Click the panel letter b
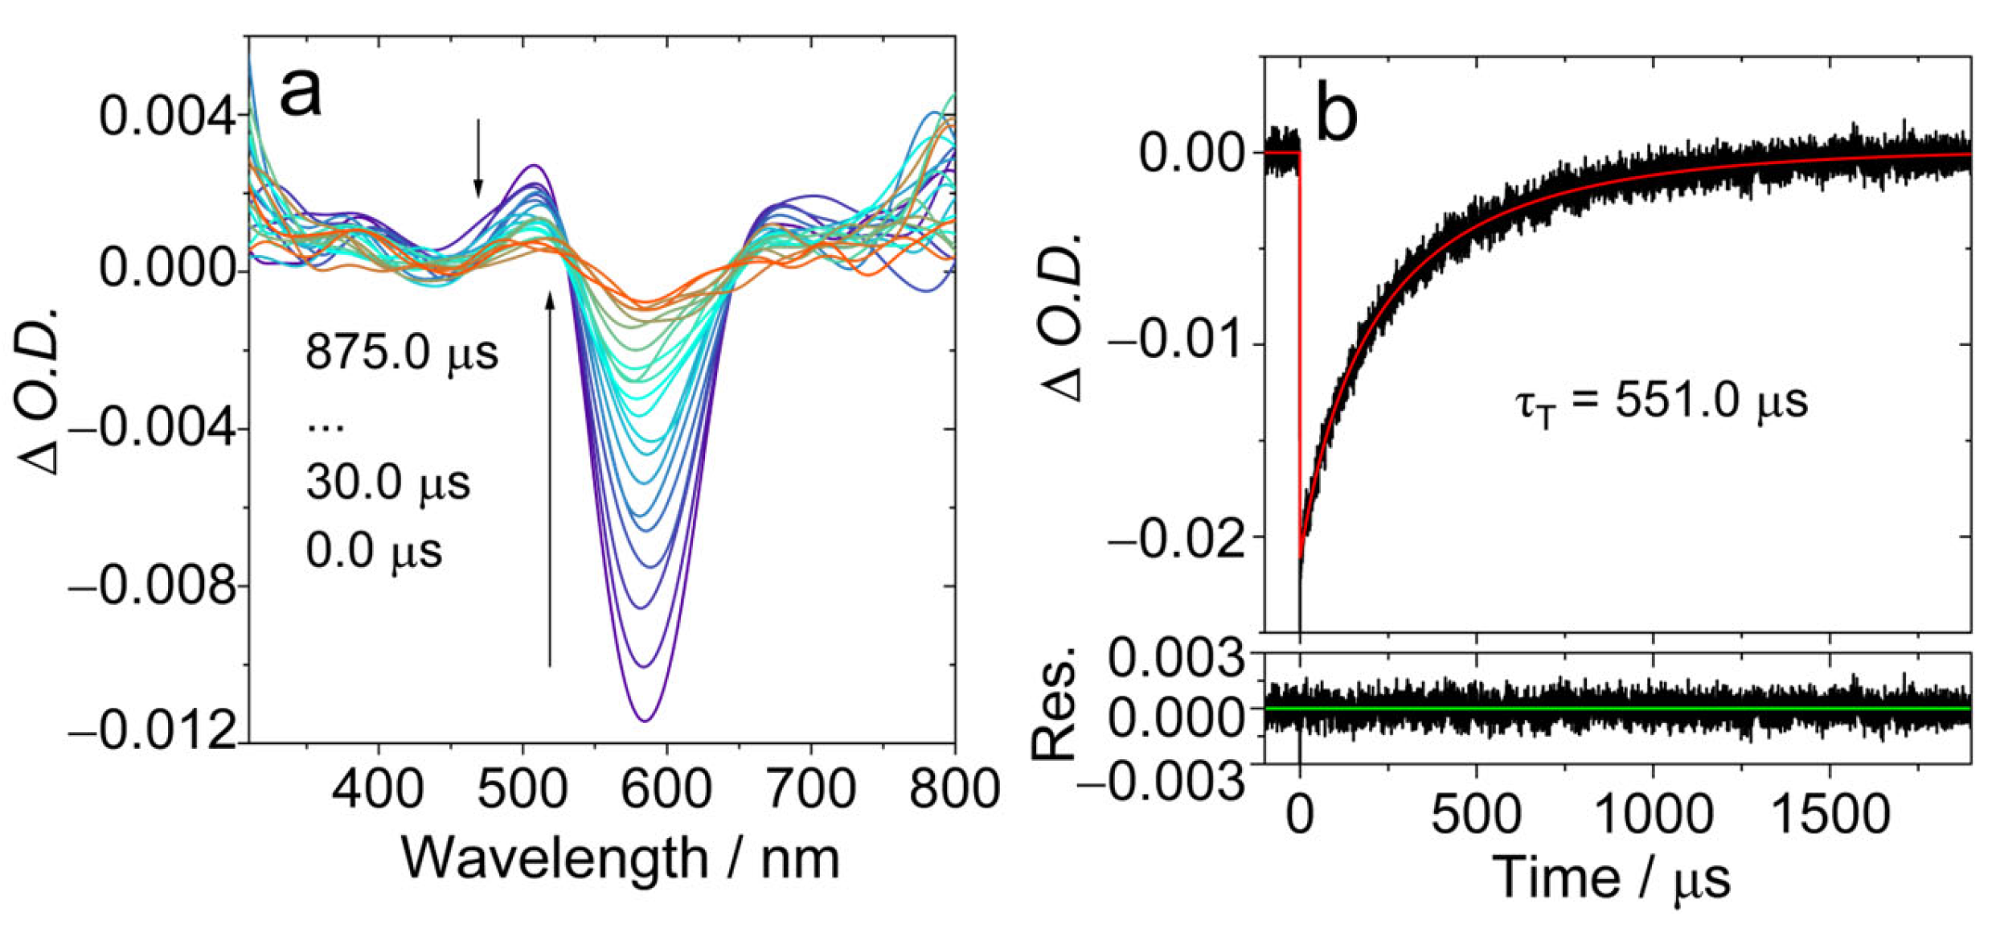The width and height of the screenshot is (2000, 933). pos(1337,115)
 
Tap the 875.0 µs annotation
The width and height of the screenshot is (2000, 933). pos(402,352)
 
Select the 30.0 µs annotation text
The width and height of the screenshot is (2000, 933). pos(388,483)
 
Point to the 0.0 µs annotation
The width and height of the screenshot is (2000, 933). pos(374,552)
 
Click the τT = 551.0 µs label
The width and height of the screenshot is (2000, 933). pos(1662,401)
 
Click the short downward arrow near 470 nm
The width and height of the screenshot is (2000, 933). pos(478,158)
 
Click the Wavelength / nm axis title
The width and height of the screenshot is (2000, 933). pos(621,859)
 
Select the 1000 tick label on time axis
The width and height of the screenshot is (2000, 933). pos(1653,814)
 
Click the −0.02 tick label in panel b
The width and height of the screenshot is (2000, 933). pos(1176,537)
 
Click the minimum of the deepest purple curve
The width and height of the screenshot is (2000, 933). pos(645,720)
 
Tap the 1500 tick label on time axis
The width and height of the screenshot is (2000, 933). pos(1830,814)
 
